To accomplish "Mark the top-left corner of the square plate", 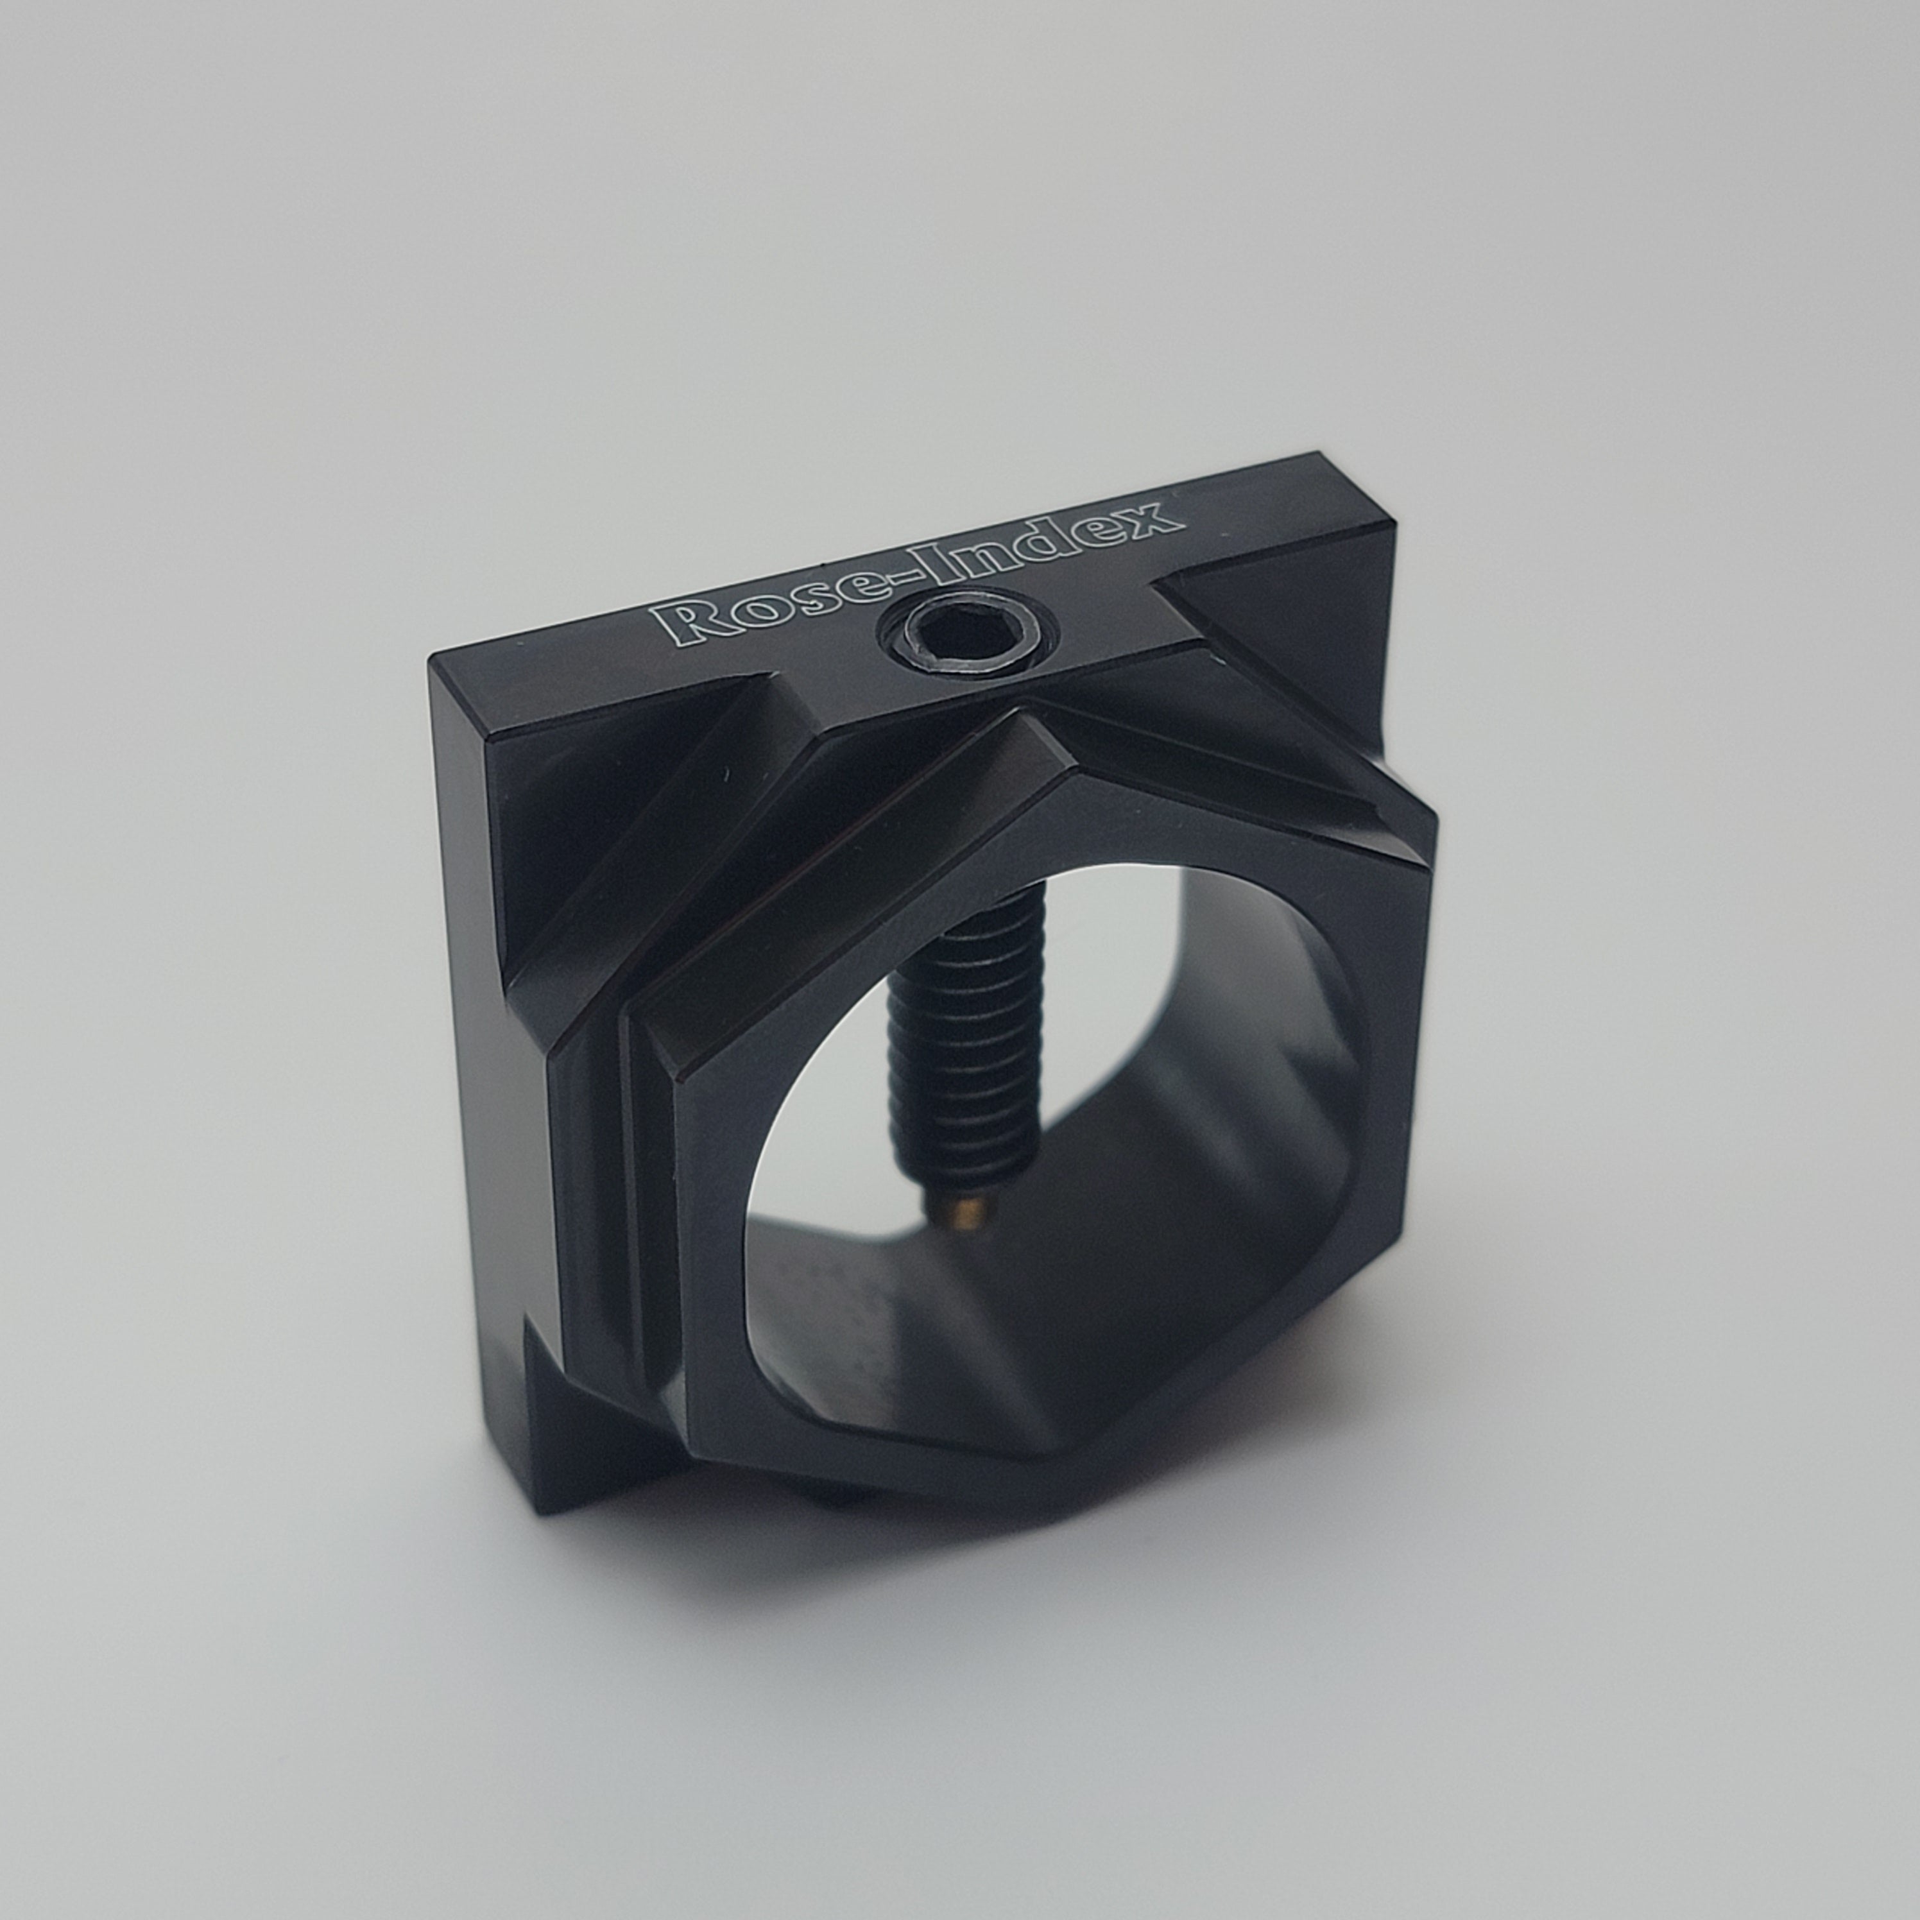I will (x=433, y=660).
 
